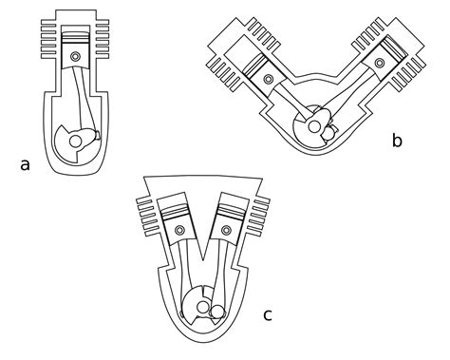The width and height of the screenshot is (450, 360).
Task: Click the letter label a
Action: (x=25, y=165)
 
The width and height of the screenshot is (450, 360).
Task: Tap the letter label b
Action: (x=397, y=140)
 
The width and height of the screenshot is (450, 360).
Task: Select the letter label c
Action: (x=268, y=315)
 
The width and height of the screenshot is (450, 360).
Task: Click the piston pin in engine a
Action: (x=75, y=57)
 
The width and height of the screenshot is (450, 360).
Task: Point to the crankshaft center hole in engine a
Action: (x=75, y=142)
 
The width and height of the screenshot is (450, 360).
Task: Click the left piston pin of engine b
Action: (x=269, y=79)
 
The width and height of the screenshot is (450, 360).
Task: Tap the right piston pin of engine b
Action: (x=379, y=63)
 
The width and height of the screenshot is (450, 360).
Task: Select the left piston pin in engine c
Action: (x=180, y=230)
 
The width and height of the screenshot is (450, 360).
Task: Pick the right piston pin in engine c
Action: (x=226, y=230)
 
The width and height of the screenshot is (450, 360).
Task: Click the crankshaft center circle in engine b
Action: (x=314, y=127)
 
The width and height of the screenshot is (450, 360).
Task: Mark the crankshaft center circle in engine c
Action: (x=202, y=307)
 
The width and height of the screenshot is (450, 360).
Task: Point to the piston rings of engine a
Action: (x=75, y=39)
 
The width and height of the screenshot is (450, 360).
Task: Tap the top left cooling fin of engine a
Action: (x=48, y=23)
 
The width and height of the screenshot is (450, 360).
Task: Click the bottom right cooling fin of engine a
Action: (x=103, y=56)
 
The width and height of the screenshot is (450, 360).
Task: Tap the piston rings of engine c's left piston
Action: (x=175, y=212)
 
